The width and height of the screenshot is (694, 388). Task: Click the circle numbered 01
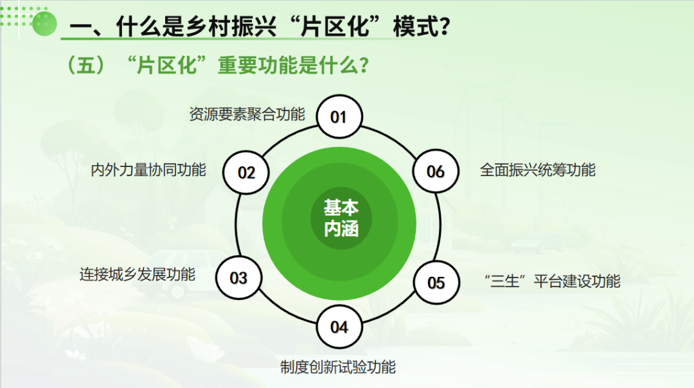point(339,116)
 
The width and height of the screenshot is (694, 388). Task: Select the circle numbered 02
point(246,172)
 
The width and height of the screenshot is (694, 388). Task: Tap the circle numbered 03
point(238,278)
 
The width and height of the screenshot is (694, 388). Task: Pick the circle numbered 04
point(339,327)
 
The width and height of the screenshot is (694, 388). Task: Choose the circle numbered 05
point(436,282)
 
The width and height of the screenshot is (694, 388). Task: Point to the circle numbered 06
point(436,172)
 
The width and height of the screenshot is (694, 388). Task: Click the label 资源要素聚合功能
point(247,114)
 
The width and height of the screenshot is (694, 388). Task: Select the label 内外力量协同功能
point(148,170)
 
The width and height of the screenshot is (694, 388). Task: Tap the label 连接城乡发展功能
point(138,274)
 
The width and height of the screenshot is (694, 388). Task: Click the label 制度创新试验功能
point(338,367)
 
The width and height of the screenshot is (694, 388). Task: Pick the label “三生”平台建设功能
point(553,281)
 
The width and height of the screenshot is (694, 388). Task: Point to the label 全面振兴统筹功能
point(538,170)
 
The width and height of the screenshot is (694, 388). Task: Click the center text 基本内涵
point(341,218)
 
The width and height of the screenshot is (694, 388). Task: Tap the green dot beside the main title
point(44,24)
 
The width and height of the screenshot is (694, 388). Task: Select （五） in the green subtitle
point(86,66)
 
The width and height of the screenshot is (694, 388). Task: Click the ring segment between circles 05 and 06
point(439,227)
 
